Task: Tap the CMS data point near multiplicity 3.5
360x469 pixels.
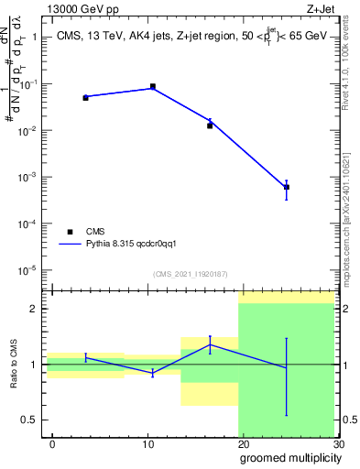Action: coord(85,97)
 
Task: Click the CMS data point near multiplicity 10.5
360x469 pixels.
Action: coord(152,86)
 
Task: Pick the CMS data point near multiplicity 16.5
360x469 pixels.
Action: coord(210,125)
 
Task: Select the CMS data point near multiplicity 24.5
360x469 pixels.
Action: coord(287,187)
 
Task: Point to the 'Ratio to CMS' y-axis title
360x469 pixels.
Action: coord(14,364)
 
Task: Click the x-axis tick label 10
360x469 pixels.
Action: coord(147,443)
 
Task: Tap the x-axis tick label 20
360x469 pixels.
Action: coord(243,443)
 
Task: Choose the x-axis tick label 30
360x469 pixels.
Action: coord(338,443)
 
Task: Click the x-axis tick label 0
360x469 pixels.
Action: coord(52,443)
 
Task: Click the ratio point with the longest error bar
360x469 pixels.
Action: coord(287,367)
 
